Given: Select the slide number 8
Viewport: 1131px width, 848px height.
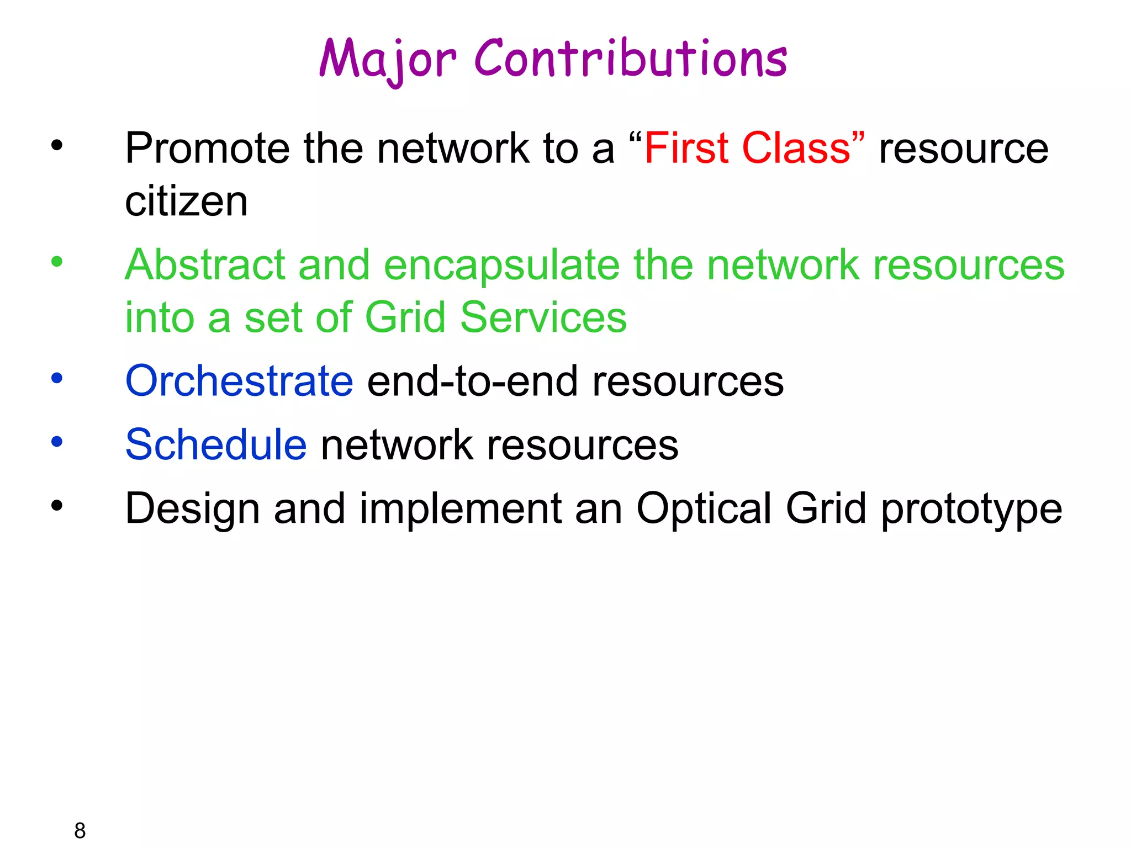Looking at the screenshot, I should (x=80, y=830).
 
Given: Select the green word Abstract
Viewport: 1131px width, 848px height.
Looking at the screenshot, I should (x=205, y=264).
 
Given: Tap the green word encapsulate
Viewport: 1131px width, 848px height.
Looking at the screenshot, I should (x=501, y=266).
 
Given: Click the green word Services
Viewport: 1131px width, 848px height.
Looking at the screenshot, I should (x=543, y=317).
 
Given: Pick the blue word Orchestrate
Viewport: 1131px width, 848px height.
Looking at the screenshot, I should (x=239, y=381).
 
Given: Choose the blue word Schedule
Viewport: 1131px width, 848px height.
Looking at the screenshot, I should (x=216, y=444).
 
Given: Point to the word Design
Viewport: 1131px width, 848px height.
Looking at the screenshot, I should (x=192, y=508).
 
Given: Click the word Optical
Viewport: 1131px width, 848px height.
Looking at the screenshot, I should (x=704, y=508).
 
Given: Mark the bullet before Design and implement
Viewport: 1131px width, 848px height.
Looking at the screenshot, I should (x=57, y=505).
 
